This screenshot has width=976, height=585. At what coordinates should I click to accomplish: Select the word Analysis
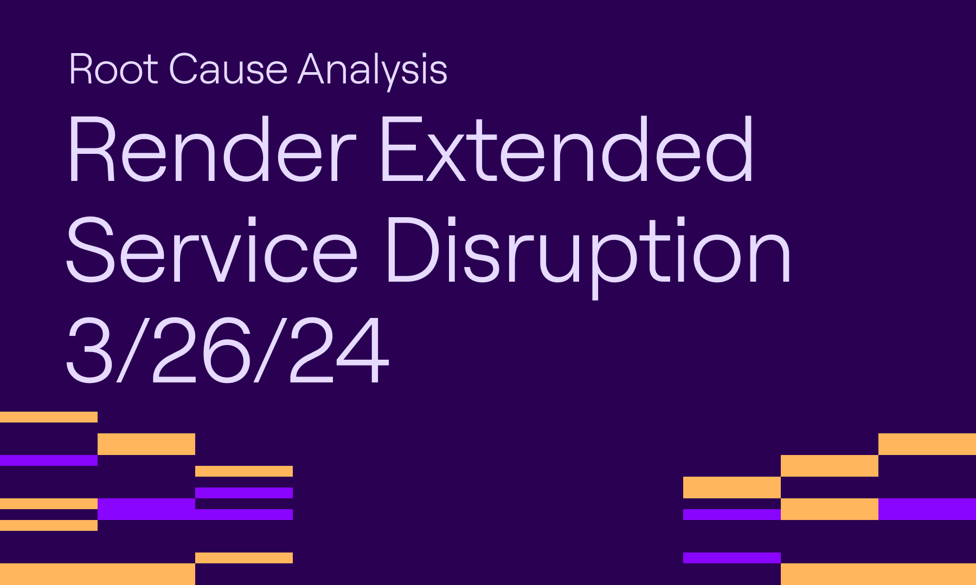[x=373, y=69]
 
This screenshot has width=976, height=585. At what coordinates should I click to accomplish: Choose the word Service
[x=211, y=249]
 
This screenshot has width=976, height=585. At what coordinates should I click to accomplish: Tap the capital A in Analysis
[x=316, y=69]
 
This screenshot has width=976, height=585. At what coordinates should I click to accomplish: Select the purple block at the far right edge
[x=927, y=509]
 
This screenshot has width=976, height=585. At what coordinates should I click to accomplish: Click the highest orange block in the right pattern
[x=927, y=444]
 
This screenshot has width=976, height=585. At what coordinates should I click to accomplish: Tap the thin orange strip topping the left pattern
[x=49, y=417]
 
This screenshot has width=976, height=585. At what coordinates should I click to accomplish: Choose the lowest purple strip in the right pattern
[x=732, y=558]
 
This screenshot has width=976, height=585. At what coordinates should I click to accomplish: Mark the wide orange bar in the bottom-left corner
[x=98, y=574]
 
